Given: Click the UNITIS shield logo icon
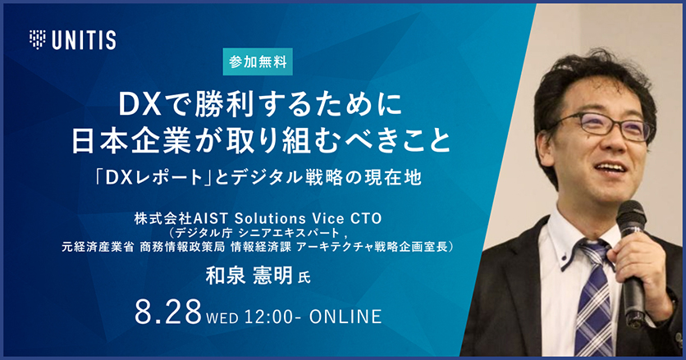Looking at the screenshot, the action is click(37, 39).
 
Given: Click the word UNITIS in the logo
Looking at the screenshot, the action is click(84, 40).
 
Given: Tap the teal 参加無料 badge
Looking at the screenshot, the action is click(258, 62).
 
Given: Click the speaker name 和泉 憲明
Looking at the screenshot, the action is click(249, 276).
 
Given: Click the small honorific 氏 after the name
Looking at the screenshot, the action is click(304, 278).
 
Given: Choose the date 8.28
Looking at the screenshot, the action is click(168, 312).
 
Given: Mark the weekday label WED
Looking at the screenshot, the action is click(222, 317).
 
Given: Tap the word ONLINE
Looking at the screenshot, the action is click(345, 317).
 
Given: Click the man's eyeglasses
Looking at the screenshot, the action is click(603, 126).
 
